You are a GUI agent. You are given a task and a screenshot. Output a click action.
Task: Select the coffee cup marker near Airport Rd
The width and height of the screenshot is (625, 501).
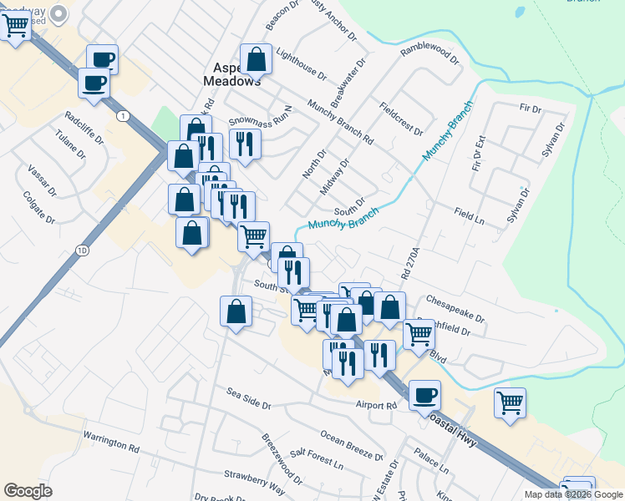(425, 395)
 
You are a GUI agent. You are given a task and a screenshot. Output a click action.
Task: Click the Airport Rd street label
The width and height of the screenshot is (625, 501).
(375, 405)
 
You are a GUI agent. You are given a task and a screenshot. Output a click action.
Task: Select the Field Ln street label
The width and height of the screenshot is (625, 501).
(470, 215)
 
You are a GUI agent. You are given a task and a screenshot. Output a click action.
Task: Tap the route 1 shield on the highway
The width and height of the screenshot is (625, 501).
(124, 115)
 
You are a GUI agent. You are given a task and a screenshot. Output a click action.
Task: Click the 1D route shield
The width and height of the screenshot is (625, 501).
(81, 250)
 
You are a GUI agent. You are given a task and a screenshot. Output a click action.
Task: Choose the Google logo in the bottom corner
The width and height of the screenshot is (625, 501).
(28, 491)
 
